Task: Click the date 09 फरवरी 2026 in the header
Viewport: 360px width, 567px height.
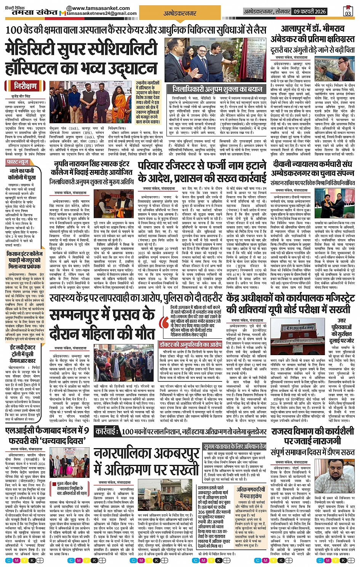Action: coord(310,12)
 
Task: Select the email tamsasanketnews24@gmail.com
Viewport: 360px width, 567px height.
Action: coord(101,13)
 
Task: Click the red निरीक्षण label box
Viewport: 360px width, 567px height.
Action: coord(26,86)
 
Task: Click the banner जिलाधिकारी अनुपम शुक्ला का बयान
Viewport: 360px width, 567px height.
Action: coord(217,89)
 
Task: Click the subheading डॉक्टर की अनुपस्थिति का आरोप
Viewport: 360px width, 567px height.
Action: coord(190,344)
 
